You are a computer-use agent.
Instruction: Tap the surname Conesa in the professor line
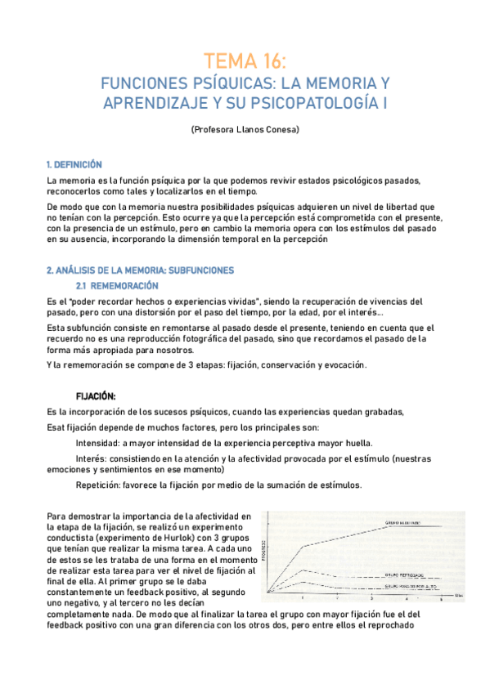[x=282, y=129]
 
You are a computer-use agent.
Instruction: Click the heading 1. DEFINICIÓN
[x=74, y=164]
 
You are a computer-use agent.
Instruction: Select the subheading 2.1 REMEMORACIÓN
[x=116, y=285]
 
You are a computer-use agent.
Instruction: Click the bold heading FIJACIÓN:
[x=96, y=395]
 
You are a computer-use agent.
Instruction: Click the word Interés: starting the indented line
[x=92, y=458]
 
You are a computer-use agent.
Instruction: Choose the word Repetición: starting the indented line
[x=100, y=485]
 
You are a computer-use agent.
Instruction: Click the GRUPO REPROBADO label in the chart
[x=407, y=575]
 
